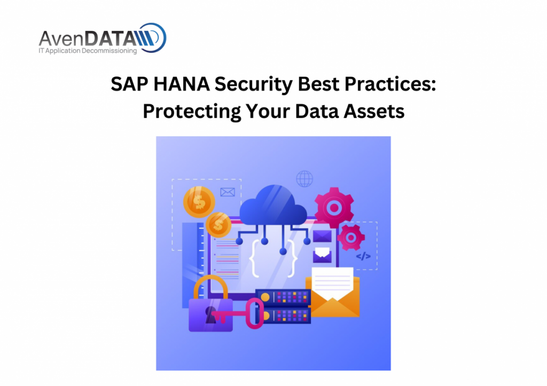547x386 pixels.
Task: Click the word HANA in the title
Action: click(182, 84)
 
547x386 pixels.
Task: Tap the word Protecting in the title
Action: click(192, 112)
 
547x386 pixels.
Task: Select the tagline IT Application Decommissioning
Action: click(88, 51)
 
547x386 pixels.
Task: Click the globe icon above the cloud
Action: click(304, 178)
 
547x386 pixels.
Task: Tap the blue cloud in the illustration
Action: click(273, 206)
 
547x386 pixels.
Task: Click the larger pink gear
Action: click(334, 208)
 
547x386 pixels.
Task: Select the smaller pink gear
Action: click(351, 238)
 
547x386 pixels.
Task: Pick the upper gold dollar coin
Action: click(199, 202)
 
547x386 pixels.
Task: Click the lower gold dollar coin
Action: click(218, 225)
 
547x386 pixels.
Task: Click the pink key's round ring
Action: click(255, 313)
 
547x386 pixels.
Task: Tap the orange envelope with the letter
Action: click(332, 293)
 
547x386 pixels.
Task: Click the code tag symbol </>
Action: click(363, 256)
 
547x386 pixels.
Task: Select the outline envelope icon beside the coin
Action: click(228, 192)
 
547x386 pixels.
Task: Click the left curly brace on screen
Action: click(254, 258)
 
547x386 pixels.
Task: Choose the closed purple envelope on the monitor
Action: click(322, 236)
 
